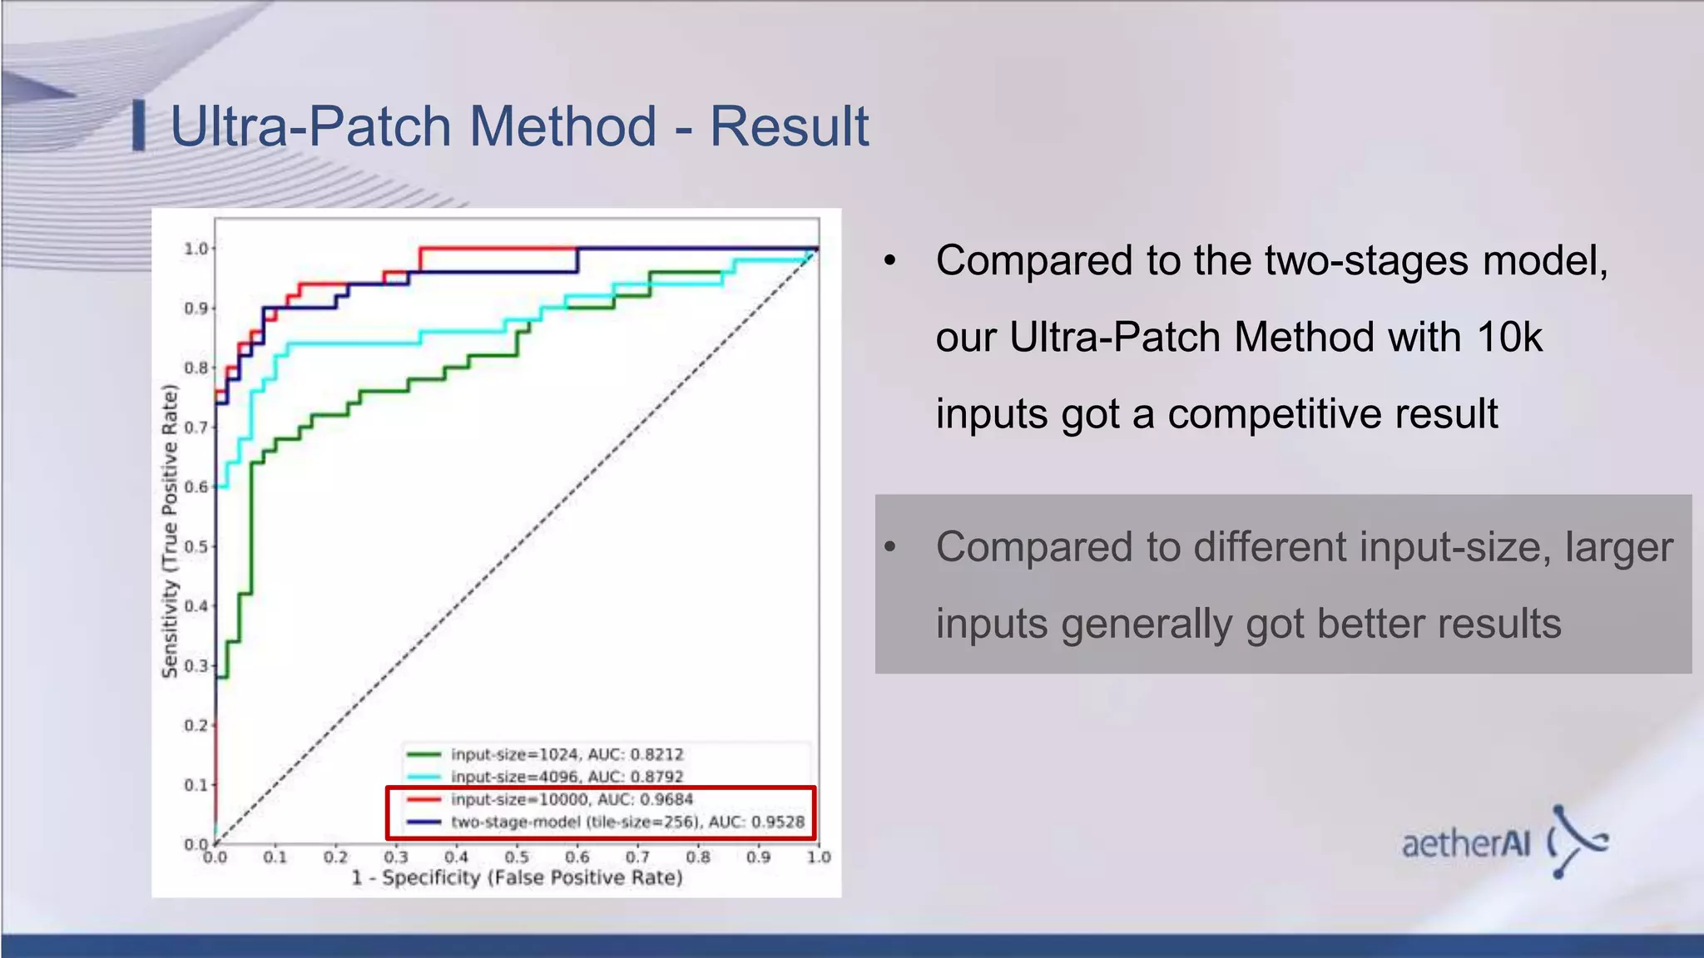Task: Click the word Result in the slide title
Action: click(x=788, y=127)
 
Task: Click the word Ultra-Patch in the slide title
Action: click(x=310, y=127)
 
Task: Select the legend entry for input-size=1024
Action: click(x=566, y=754)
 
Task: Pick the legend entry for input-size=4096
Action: click(x=566, y=777)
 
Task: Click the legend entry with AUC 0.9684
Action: click(x=571, y=799)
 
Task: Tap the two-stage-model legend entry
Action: click(x=627, y=822)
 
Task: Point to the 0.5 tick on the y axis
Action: click(x=196, y=546)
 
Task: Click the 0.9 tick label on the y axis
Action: click(x=196, y=309)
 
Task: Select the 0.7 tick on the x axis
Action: click(x=637, y=857)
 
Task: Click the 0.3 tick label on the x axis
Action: click(x=396, y=857)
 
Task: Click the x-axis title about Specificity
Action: click(x=516, y=878)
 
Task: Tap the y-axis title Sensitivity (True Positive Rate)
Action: click(x=170, y=531)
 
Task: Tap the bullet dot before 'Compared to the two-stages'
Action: click(x=890, y=261)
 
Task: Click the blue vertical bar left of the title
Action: click(x=139, y=126)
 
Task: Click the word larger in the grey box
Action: click(x=1618, y=547)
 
